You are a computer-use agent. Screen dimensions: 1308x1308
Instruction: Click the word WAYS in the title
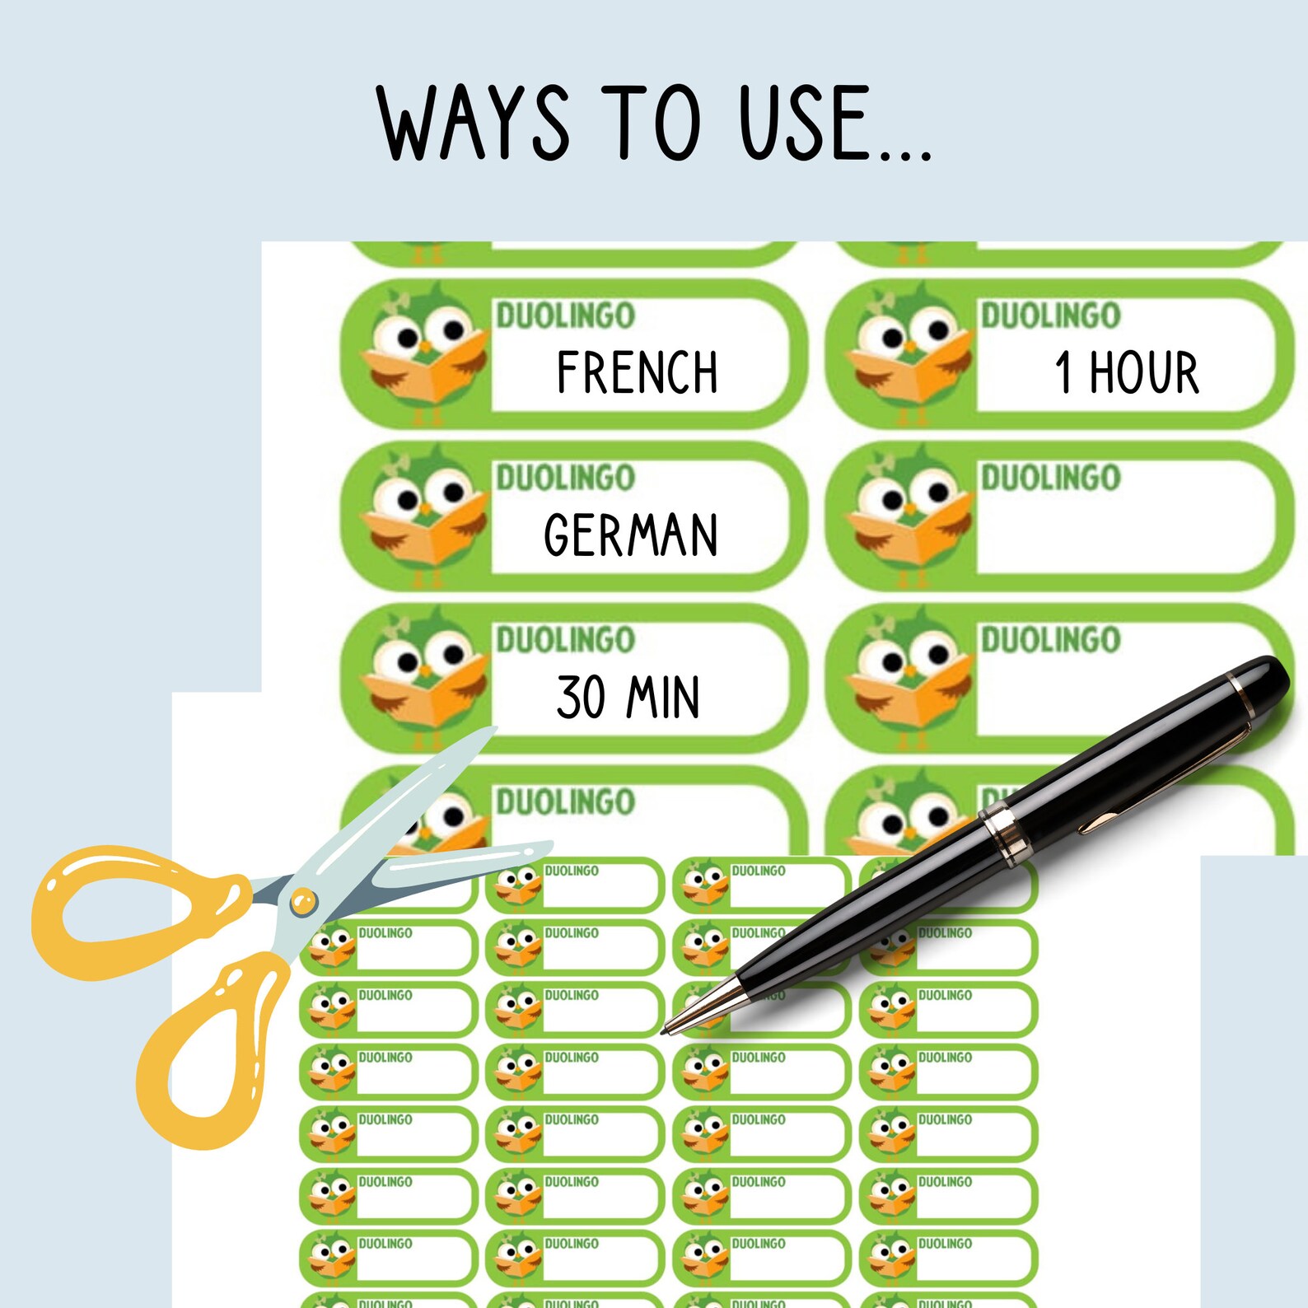pos(473,124)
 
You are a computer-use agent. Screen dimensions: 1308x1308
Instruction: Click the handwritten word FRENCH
pos(637,372)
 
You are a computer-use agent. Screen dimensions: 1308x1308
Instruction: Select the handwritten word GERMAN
pos(631,535)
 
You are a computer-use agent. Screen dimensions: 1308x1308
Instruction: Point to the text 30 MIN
pos(628,698)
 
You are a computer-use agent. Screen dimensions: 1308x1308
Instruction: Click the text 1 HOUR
pos(1126,372)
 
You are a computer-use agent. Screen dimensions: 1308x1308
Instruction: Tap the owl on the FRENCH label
pos(424,350)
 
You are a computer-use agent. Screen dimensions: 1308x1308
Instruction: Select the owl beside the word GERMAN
pos(424,512)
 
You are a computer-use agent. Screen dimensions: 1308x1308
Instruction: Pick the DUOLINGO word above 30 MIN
pos(565,640)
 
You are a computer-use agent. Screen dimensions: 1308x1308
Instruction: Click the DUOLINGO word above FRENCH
pos(565,315)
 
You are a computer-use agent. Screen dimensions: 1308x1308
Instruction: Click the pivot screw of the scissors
pos(302,902)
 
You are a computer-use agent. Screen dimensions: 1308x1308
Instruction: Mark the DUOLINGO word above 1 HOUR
pos(1050,315)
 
